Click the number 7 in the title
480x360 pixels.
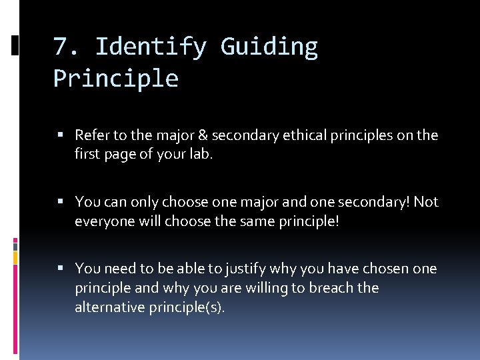point(61,47)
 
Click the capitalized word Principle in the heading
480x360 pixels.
point(116,79)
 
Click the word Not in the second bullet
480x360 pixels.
point(426,202)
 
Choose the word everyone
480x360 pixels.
point(104,221)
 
